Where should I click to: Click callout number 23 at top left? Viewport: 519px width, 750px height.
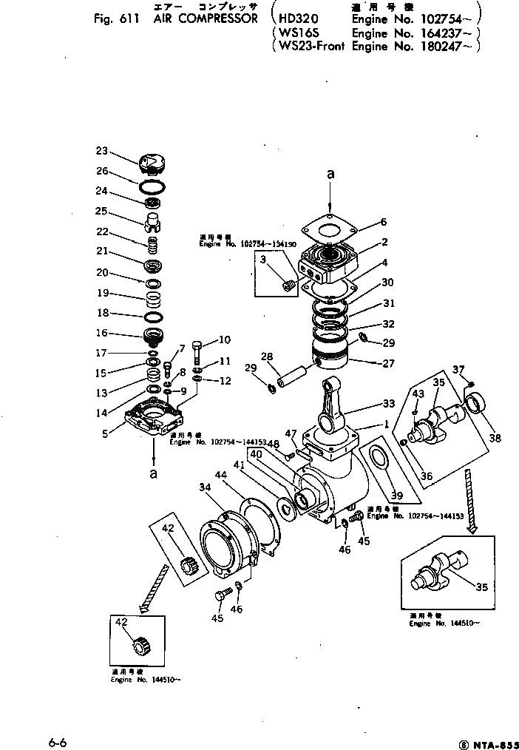[101, 151]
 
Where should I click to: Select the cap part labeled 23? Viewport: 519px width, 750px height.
[150, 161]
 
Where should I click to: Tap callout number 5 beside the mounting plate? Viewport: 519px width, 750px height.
[105, 434]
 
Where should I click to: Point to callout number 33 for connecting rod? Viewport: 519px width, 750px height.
[387, 403]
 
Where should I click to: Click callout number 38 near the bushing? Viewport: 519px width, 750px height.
[495, 438]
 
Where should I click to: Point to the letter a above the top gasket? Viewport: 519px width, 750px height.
[330, 175]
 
